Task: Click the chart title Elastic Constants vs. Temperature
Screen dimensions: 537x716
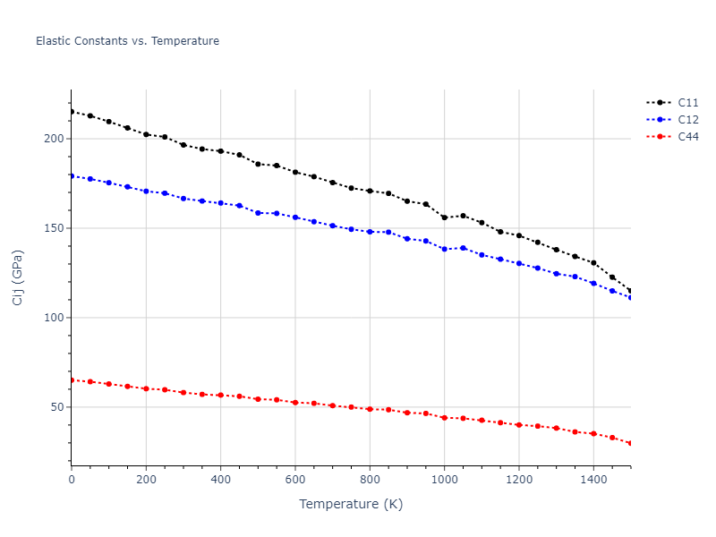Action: (x=127, y=41)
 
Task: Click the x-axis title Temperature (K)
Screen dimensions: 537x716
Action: (x=351, y=505)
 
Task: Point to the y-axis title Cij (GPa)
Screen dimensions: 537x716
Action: (x=18, y=277)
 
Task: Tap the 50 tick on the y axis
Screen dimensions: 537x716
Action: (x=55, y=407)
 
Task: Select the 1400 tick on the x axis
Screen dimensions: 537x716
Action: (x=593, y=481)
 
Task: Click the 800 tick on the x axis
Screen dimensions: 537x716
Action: (x=370, y=481)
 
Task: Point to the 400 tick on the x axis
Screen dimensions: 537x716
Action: (x=220, y=481)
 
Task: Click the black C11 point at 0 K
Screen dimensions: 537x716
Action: (x=72, y=112)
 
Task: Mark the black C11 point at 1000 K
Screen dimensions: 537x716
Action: (x=445, y=217)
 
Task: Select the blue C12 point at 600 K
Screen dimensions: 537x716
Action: (x=295, y=217)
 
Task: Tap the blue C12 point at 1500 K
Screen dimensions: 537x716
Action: (x=631, y=297)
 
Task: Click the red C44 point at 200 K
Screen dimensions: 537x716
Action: (x=146, y=388)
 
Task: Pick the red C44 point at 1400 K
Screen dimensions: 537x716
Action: (x=593, y=433)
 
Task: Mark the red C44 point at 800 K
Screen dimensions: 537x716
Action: (x=370, y=409)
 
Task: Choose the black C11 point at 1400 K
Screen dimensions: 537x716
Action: (x=593, y=263)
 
